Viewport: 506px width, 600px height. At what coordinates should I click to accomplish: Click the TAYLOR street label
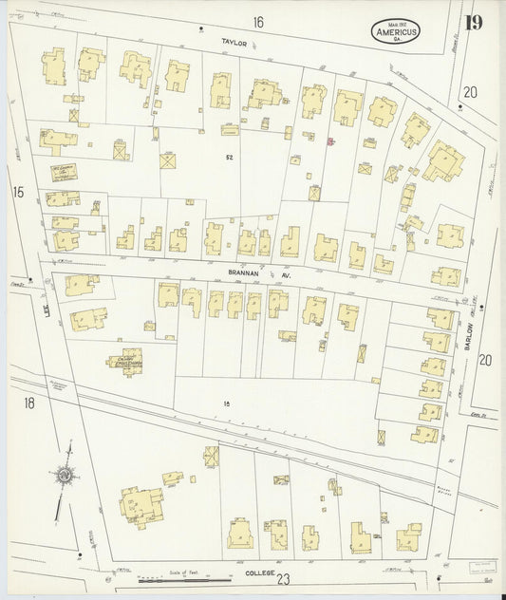pyautogui.click(x=234, y=42)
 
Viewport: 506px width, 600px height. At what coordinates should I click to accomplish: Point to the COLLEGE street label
pyautogui.click(x=259, y=573)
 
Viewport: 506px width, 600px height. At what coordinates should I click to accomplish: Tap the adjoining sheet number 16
pyautogui.click(x=257, y=21)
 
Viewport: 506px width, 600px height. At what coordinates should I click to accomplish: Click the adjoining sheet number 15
pyautogui.click(x=17, y=192)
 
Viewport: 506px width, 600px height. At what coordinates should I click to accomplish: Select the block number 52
pyautogui.click(x=229, y=157)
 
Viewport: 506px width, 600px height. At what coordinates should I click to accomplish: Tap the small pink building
pyautogui.click(x=329, y=142)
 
